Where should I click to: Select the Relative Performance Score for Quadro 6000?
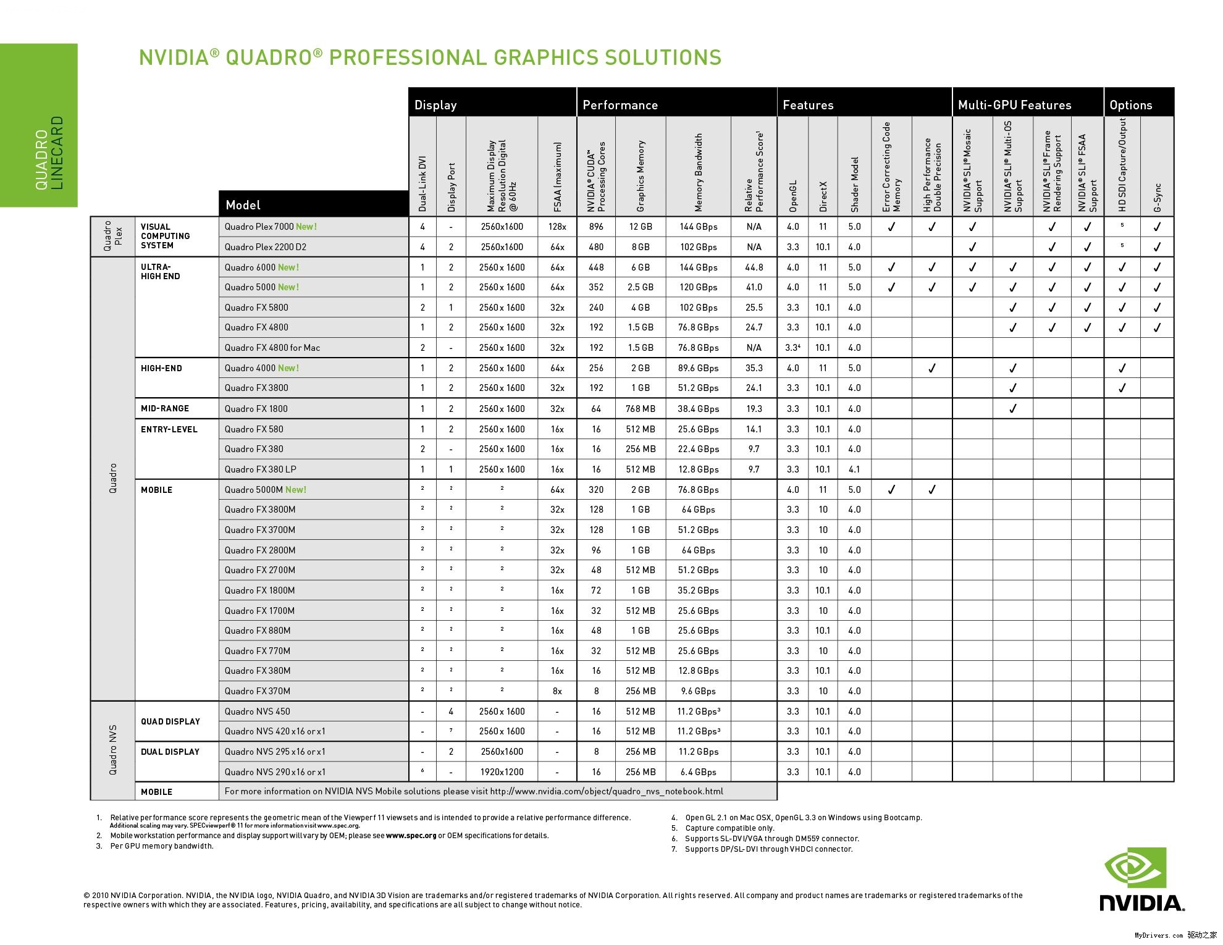coord(754,267)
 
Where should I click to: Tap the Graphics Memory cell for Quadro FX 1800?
coord(641,409)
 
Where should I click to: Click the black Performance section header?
coord(620,105)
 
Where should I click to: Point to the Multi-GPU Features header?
coord(1014,105)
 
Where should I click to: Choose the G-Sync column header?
coord(1158,198)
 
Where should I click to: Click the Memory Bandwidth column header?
coord(699,173)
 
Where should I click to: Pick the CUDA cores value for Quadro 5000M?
coord(596,490)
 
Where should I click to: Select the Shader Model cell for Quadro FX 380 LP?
coord(854,469)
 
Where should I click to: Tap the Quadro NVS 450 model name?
coord(257,712)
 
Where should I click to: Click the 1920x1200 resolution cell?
coord(502,772)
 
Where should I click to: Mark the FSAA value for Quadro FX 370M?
coord(557,691)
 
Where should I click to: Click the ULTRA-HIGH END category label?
coord(160,272)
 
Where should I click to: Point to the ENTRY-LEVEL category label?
coord(169,429)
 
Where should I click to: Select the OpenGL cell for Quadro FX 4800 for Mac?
coord(793,348)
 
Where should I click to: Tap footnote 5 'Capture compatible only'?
coord(729,828)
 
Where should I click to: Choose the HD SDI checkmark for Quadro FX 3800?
coord(1122,388)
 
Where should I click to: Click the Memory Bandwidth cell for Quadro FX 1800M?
coord(698,590)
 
